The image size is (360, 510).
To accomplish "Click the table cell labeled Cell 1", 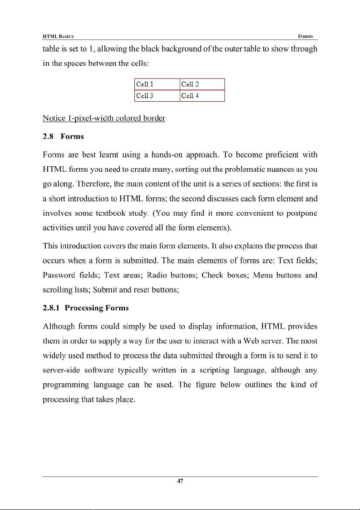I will (157, 84).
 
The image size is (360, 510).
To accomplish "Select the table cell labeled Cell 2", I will (202, 84).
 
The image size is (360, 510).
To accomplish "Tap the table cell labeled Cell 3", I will (157, 96).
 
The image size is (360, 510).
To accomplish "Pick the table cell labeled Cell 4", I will (202, 96).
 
